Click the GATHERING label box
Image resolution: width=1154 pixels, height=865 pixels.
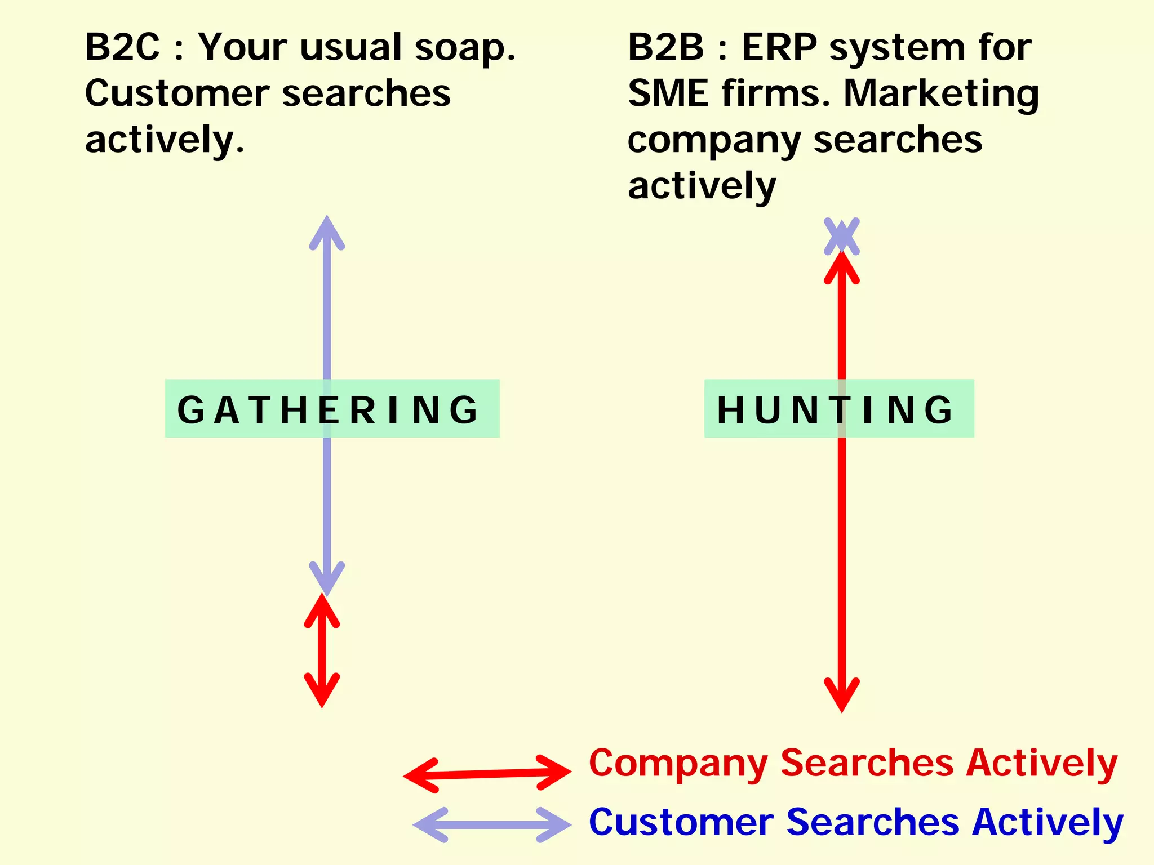(332, 409)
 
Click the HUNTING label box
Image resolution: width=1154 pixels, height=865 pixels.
(838, 409)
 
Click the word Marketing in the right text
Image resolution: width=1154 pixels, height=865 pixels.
(941, 95)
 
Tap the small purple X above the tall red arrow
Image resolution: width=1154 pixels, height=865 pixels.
(841, 236)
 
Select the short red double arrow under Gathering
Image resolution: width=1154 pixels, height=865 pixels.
(322, 650)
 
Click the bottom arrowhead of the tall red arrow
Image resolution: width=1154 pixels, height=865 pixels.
(841, 696)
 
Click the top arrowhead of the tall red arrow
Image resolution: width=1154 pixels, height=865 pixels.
(841, 267)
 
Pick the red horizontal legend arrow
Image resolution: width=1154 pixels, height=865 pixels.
(487, 774)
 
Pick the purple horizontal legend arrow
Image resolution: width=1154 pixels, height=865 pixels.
(491, 825)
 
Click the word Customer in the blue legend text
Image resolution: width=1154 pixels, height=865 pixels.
(681, 822)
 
